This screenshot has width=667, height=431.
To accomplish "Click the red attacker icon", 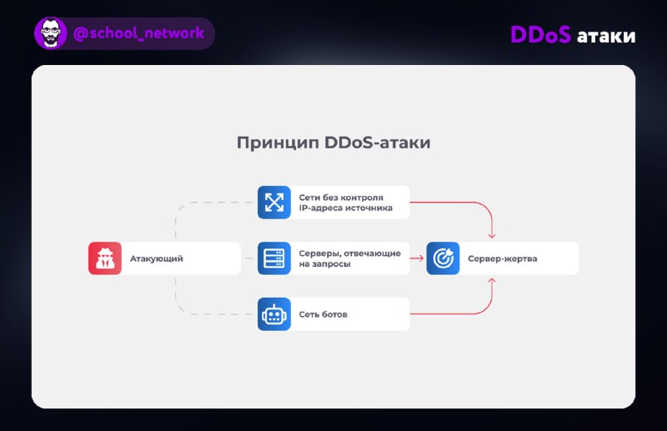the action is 105,258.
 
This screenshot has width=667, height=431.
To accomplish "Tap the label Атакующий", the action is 157,258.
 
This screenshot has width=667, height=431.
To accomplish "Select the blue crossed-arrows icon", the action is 274,202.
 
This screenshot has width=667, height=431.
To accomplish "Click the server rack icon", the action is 274,258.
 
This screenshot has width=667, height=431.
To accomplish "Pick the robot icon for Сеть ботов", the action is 274,314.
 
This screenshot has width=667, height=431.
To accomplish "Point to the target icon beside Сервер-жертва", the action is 443,258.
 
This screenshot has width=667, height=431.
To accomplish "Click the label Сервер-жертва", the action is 503,258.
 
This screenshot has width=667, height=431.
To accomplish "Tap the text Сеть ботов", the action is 323,314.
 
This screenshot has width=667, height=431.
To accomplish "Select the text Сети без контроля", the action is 341,198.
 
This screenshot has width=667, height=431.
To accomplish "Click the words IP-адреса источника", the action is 345,208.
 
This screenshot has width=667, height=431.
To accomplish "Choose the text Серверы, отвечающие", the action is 349,253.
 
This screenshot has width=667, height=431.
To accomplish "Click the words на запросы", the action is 324,264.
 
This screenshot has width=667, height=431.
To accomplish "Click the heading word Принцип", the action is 278,143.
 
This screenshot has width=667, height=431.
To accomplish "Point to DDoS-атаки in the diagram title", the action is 378,143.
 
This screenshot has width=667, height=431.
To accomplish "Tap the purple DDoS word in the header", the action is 540,34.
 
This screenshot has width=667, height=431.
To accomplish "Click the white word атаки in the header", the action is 606,36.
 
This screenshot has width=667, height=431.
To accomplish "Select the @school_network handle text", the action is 138,33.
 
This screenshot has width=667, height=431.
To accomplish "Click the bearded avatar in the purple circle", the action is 51,33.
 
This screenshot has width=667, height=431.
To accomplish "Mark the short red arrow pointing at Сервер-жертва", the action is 416,258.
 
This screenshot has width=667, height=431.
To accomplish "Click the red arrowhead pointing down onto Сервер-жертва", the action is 492,235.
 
